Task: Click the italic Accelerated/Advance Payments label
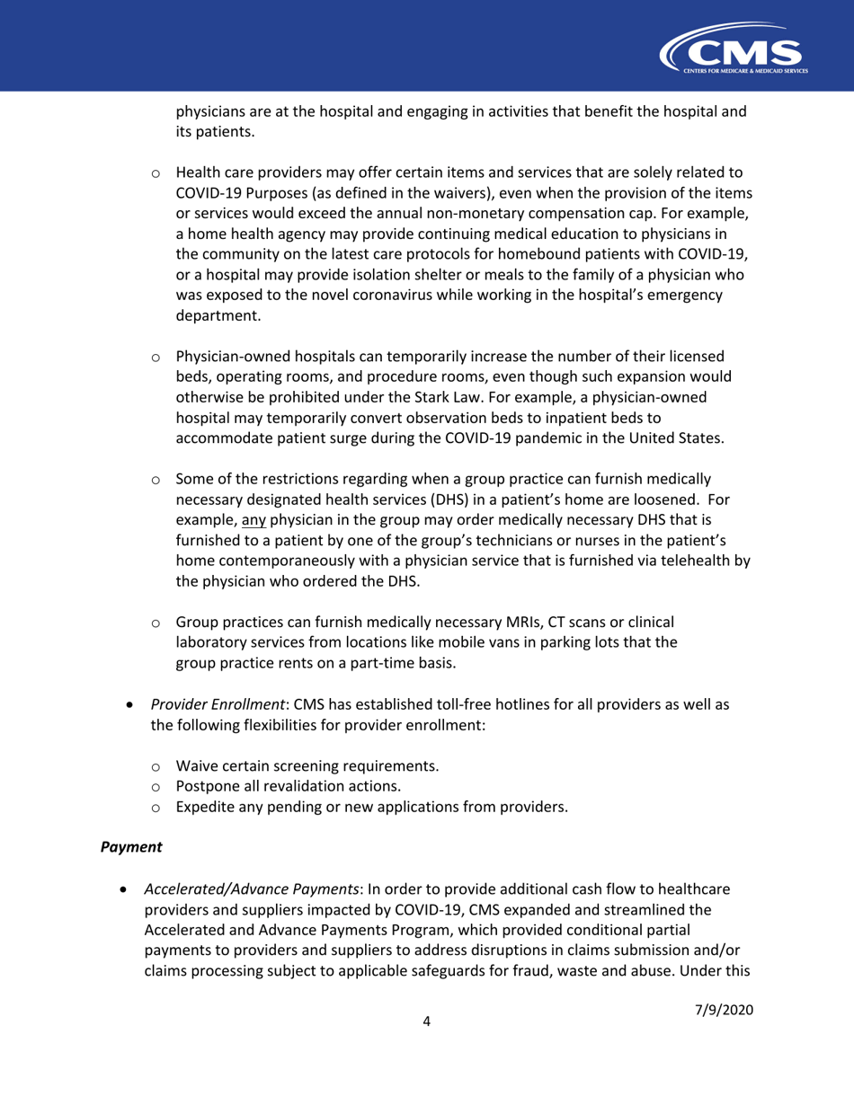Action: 251,888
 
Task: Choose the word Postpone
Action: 207,786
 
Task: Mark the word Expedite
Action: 207,806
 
